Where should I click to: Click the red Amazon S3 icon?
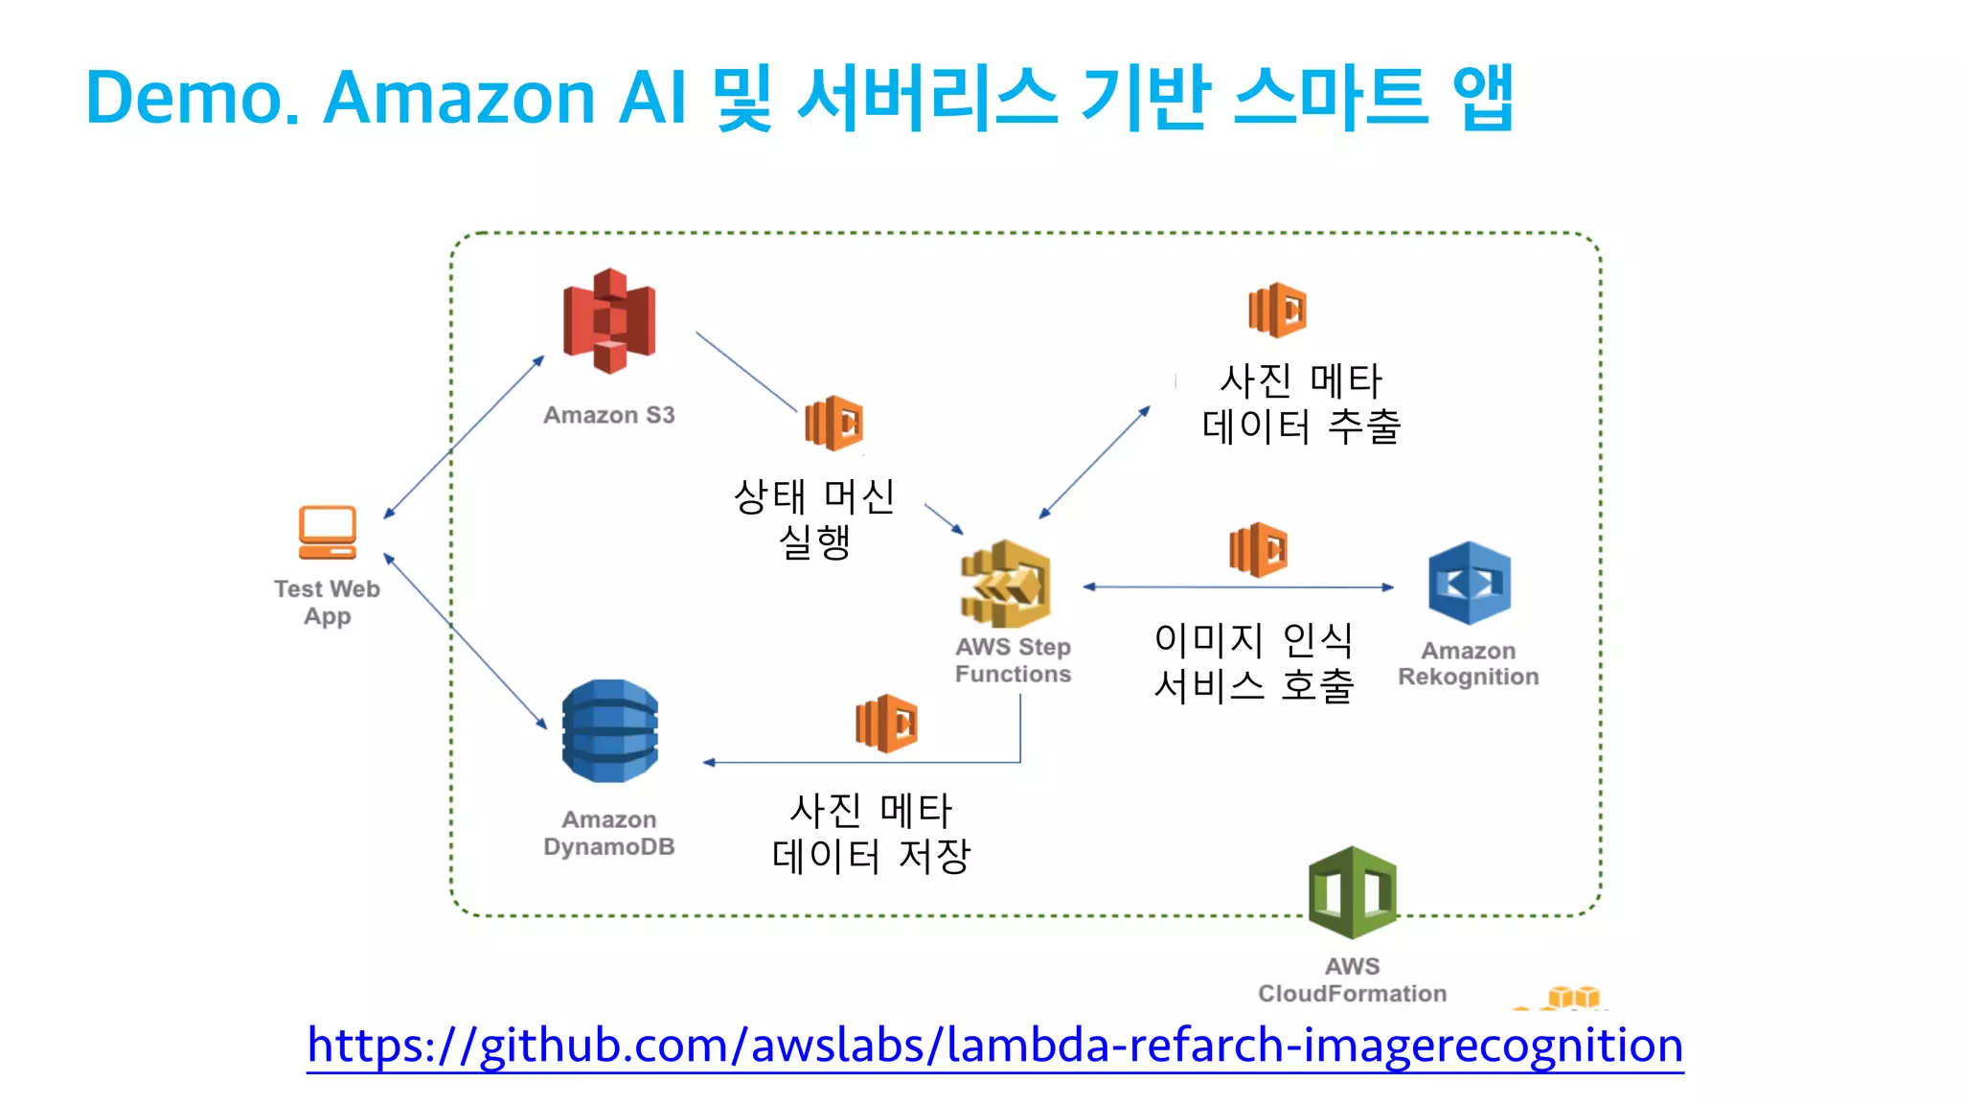[x=609, y=321]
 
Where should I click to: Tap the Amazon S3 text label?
[x=609, y=415]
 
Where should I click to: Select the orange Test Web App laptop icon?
[x=328, y=532]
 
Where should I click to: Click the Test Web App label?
[x=328, y=602]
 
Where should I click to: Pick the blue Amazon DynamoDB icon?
[x=610, y=731]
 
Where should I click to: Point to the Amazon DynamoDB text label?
[x=609, y=833]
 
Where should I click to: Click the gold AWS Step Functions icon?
[x=1006, y=584]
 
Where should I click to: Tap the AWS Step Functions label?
[x=1013, y=660]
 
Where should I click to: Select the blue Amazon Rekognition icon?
[x=1469, y=583]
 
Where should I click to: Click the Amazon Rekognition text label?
[x=1468, y=663]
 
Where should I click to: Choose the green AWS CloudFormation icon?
[x=1352, y=892]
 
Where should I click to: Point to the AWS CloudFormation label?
[x=1352, y=979]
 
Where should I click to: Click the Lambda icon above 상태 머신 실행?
[x=833, y=423]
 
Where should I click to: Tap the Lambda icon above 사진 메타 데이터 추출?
[x=1277, y=310]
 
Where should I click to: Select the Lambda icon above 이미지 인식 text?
[x=1258, y=549]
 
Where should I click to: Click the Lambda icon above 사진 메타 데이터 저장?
[x=886, y=724]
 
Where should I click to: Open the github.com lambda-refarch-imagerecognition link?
[x=994, y=1045]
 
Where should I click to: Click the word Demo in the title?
[x=190, y=98]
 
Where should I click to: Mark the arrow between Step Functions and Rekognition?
[x=1238, y=586]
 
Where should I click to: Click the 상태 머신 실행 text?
[x=814, y=518]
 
